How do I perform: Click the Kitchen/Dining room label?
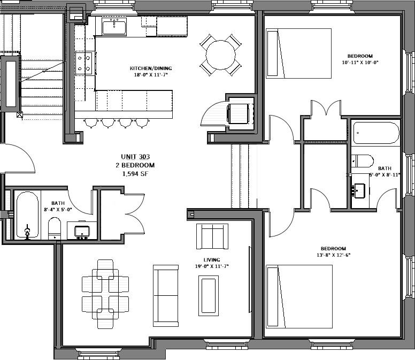pyautogui.click(x=150, y=68)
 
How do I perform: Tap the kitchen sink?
pyautogui.click(x=114, y=26)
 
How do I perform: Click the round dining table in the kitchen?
pyautogui.click(x=220, y=55)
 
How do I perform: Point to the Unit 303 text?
pyautogui.click(x=135, y=157)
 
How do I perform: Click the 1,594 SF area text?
pyautogui.click(x=135, y=174)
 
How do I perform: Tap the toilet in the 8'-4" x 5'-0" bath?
pyautogui.click(x=54, y=227)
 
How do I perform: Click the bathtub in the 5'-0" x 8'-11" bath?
pyautogui.click(x=376, y=133)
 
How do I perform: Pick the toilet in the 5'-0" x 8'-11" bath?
pyautogui.click(x=362, y=160)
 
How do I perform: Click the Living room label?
pyautogui.click(x=204, y=259)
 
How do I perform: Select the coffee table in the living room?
pyautogui.click(x=208, y=295)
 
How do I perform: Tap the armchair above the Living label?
pyautogui.click(x=212, y=236)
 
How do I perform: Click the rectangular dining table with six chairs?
pyautogui.click(x=105, y=293)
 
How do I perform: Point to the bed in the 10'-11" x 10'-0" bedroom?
pyautogui.click(x=298, y=53)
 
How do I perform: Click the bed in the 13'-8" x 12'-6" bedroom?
pyautogui.click(x=299, y=296)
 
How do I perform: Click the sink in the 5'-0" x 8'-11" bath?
pyautogui.click(x=359, y=190)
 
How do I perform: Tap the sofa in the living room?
pyautogui.click(x=166, y=295)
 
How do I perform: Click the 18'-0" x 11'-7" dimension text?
pyautogui.click(x=150, y=75)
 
